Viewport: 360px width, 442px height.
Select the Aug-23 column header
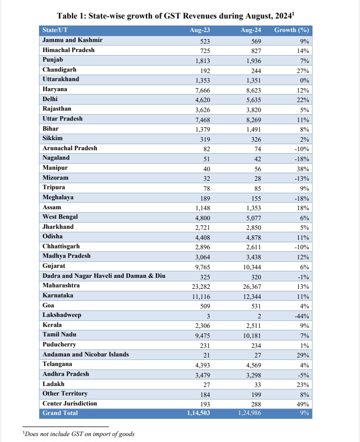199,31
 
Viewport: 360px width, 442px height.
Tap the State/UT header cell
55,31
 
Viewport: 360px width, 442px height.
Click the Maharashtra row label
61,285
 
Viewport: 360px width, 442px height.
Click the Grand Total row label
60,413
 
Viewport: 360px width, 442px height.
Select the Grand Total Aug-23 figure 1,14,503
197,413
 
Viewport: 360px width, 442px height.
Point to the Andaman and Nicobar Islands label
85,354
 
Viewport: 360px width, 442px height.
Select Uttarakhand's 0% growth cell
304,80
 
